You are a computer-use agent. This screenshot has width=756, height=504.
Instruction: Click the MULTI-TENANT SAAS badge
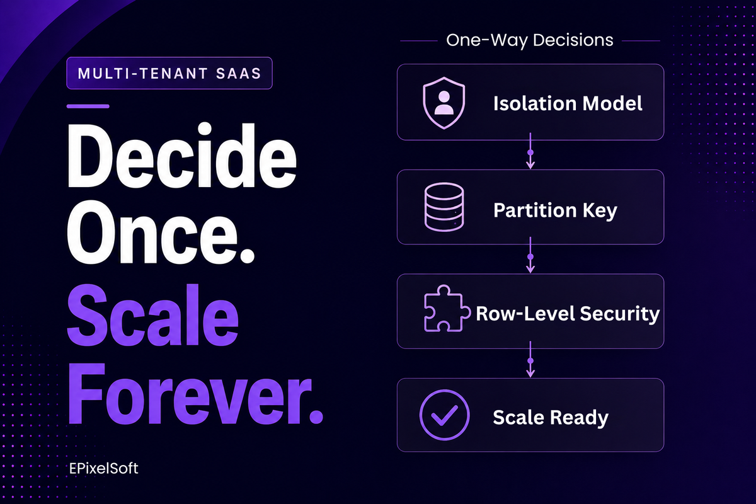pos(169,73)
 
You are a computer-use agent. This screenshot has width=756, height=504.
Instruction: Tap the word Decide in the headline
pos(182,155)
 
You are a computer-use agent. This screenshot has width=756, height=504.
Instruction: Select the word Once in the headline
pos(161,232)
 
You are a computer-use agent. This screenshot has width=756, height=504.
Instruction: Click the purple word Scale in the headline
pos(153,314)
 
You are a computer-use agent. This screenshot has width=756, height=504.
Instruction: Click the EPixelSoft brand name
pos(103,469)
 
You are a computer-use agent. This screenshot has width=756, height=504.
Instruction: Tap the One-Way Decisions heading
pos(530,40)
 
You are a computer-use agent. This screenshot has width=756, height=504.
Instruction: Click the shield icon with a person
pos(444,103)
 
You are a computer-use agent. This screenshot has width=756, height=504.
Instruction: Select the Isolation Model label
pos(568,103)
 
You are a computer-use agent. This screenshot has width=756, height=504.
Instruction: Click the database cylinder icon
pos(444,207)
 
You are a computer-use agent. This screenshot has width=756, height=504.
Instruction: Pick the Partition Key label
pos(555,210)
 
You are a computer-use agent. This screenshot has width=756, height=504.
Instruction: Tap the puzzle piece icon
pos(447,308)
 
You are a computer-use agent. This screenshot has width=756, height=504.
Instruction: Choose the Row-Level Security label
pos(568,314)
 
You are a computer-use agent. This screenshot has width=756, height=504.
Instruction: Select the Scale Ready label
pos(551,418)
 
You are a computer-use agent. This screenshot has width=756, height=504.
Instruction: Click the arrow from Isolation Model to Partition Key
pos(530,151)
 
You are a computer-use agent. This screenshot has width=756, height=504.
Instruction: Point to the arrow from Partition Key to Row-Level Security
pos(530,255)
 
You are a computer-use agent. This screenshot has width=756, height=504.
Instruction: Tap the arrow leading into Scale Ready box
pos(530,359)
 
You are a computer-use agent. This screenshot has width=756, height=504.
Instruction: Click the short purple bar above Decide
pos(88,106)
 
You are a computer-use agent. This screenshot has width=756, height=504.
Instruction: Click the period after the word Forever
pos(316,416)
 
